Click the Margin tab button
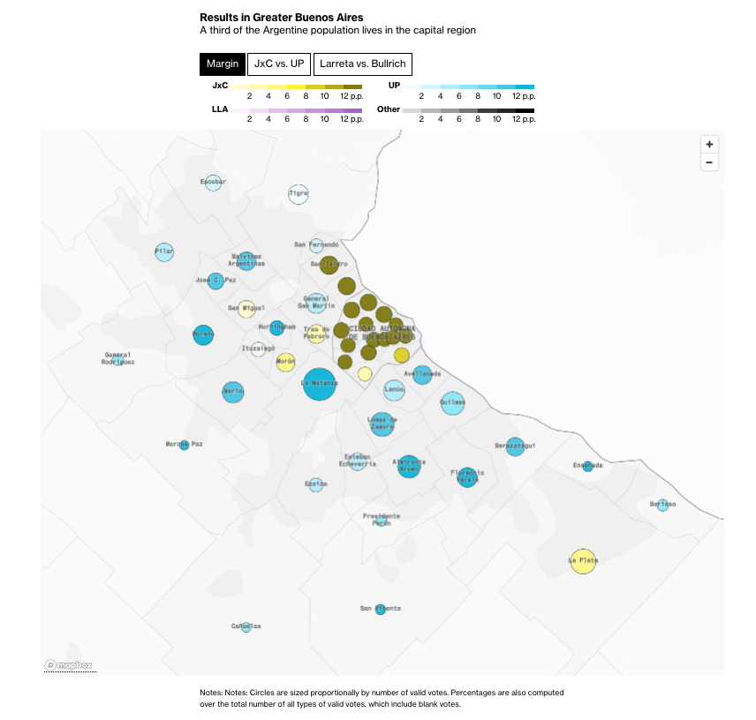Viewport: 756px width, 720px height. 222,64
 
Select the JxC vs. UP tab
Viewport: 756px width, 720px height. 278,64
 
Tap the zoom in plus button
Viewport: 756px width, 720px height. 709,145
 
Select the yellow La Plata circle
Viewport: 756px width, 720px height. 583,560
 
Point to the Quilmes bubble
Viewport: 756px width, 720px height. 452,403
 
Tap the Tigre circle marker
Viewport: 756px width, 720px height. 299,195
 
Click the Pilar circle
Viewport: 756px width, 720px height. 164,252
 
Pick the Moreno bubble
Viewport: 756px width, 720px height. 203,335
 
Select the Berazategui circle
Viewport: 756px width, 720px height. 515,446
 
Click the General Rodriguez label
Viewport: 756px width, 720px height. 117,358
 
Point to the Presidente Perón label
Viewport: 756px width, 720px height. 382,519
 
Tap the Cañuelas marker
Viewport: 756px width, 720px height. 246,626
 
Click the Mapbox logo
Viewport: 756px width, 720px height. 69,665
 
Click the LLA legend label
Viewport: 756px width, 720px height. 220,109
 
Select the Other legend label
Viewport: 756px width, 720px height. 389,109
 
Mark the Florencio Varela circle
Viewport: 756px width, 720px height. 467,476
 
